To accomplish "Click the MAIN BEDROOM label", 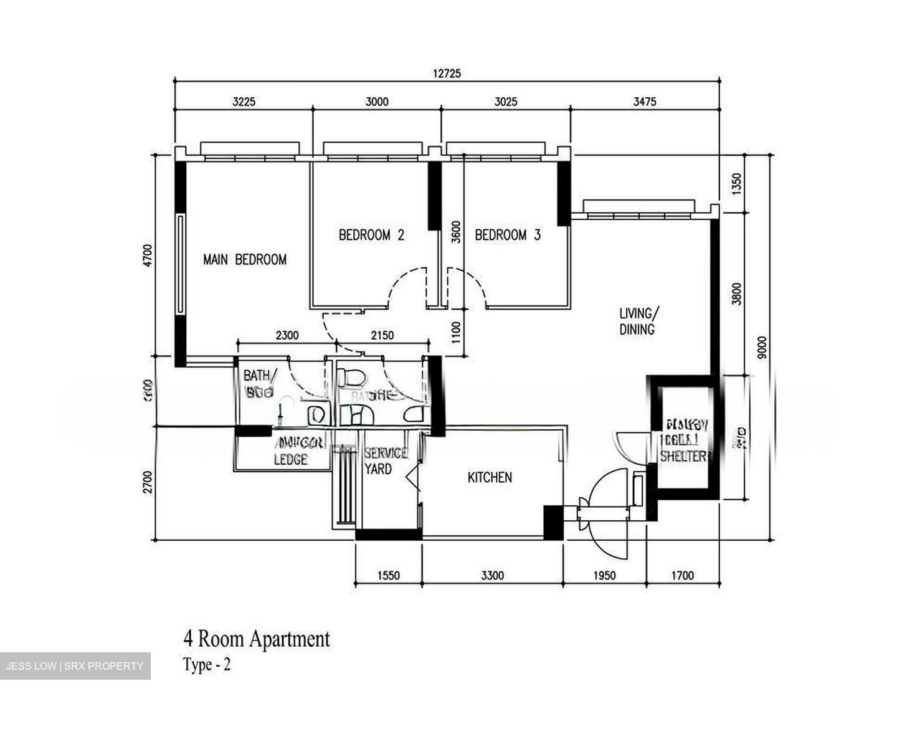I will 245,260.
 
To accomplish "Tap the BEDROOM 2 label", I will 371,235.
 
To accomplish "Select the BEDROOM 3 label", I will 508,235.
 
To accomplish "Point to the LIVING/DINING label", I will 637,321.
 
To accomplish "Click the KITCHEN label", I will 490,477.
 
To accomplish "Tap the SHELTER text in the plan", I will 684,456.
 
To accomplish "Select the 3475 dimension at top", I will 645,102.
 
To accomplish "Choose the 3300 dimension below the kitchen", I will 492,575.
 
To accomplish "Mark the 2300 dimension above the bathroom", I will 287,335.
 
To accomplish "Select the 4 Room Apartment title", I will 256,639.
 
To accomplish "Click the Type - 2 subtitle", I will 207,665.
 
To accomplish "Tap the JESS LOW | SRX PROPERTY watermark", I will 75,666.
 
